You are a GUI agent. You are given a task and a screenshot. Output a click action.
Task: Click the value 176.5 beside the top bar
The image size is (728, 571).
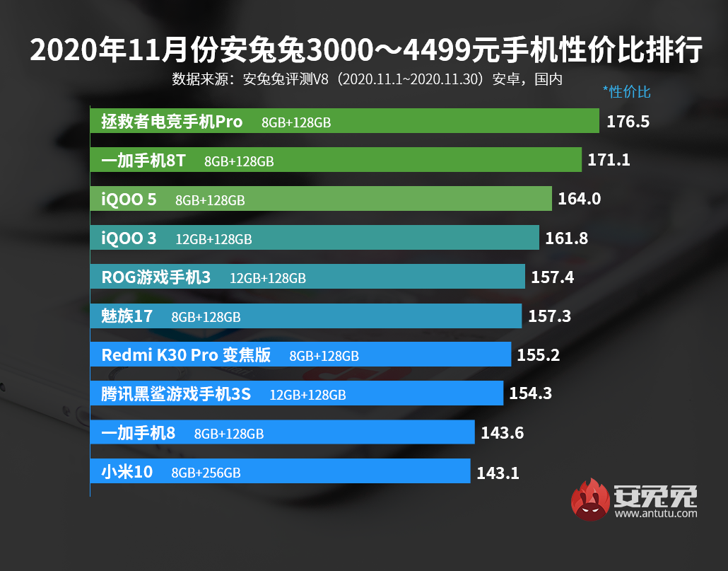pyautogui.click(x=628, y=122)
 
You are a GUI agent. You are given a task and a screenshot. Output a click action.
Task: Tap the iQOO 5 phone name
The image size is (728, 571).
pyautogui.click(x=129, y=200)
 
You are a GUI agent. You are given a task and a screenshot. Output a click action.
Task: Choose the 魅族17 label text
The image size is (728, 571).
pyautogui.click(x=127, y=316)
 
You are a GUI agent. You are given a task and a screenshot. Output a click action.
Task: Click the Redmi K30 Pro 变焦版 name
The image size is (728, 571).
pyautogui.click(x=186, y=355)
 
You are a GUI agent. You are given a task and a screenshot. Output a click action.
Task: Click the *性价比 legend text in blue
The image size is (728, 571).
pyautogui.click(x=626, y=91)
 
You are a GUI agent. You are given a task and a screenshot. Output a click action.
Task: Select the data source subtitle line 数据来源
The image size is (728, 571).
pyautogui.click(x=367, y=79)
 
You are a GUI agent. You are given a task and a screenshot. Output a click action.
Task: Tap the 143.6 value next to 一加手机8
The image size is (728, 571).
pyautogui.click(x=502, y=433)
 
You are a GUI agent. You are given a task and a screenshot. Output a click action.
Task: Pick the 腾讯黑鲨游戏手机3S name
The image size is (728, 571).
pyautogui.click(x=176, y=394)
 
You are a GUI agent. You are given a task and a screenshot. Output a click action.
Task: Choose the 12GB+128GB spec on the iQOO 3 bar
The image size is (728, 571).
pyautogui.click(x=213, y=239)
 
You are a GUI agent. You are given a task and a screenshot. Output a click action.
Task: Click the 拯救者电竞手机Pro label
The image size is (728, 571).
pyautogui.click(x=172, y=122)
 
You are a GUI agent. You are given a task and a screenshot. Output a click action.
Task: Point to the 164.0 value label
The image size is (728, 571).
pyautogui.click(x=579, y=200)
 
